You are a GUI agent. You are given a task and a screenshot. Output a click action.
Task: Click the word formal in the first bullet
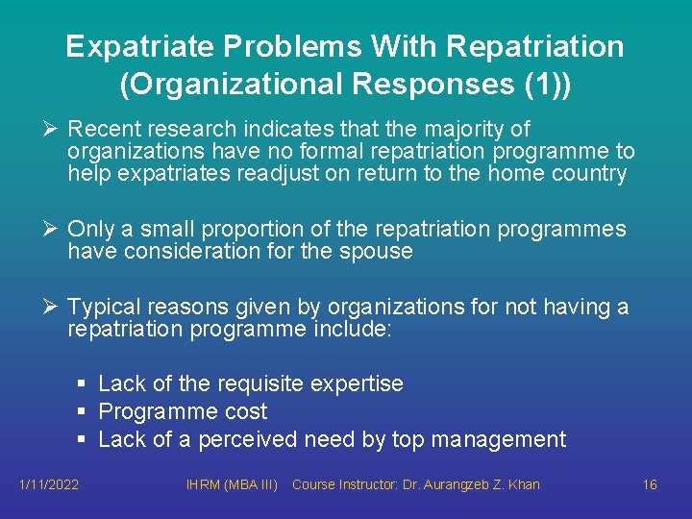tap(316, 152)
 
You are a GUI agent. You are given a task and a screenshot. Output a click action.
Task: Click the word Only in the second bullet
tap(91, 230)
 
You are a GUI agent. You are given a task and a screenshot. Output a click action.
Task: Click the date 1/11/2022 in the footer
tap(49, 484)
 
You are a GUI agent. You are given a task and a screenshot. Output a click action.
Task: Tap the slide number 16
tap(650, 484)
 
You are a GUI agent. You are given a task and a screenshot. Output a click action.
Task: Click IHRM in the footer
tap(203, 484)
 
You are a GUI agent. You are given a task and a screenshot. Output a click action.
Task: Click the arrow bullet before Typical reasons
tap(54, 308)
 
